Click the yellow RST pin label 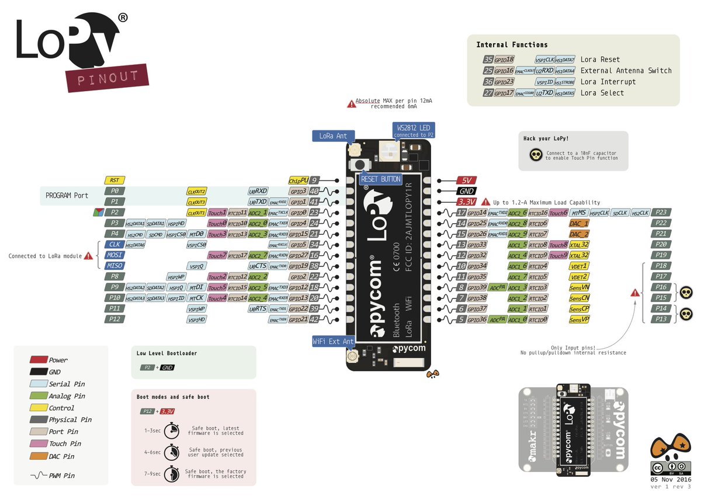114,181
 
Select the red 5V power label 467,181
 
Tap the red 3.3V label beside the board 467,202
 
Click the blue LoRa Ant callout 333,136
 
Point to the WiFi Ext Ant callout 333,341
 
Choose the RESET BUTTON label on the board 381,179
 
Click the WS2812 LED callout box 414,130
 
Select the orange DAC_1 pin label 579,223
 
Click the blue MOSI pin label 114,255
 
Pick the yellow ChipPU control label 298,181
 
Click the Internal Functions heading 512,45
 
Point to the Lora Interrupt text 608,82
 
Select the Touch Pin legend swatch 39,444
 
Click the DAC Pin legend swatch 39,456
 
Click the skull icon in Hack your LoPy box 535,155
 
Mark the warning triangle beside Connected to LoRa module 88,255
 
